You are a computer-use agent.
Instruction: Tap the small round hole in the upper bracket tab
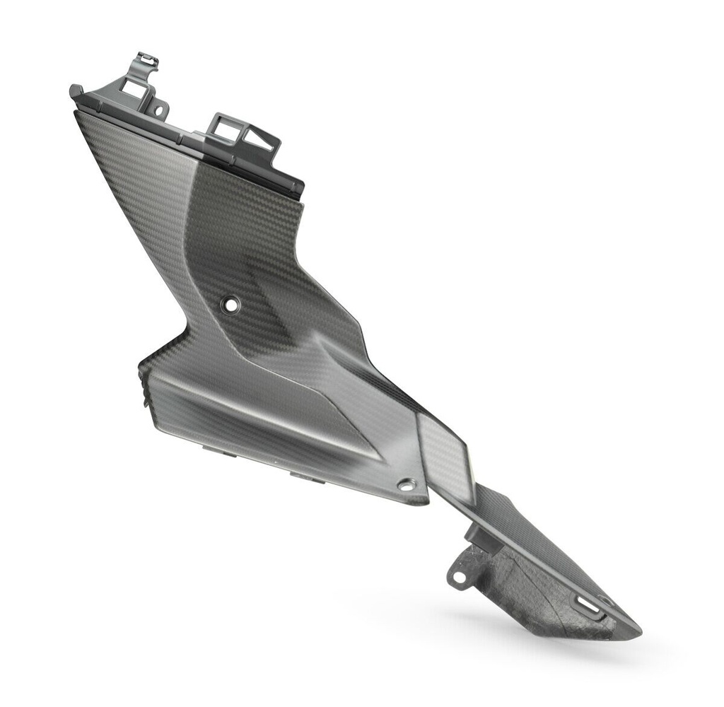click(x=159, y=110)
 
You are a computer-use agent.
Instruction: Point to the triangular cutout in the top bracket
click(x=258, y=139)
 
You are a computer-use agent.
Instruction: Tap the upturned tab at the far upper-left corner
click(x=76, y=91)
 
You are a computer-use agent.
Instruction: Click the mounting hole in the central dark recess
click(x=230, y=304)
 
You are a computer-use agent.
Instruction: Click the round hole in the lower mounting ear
click(x=459, y=577)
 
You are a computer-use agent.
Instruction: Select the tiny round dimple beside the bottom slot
click(x=605, y=601)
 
